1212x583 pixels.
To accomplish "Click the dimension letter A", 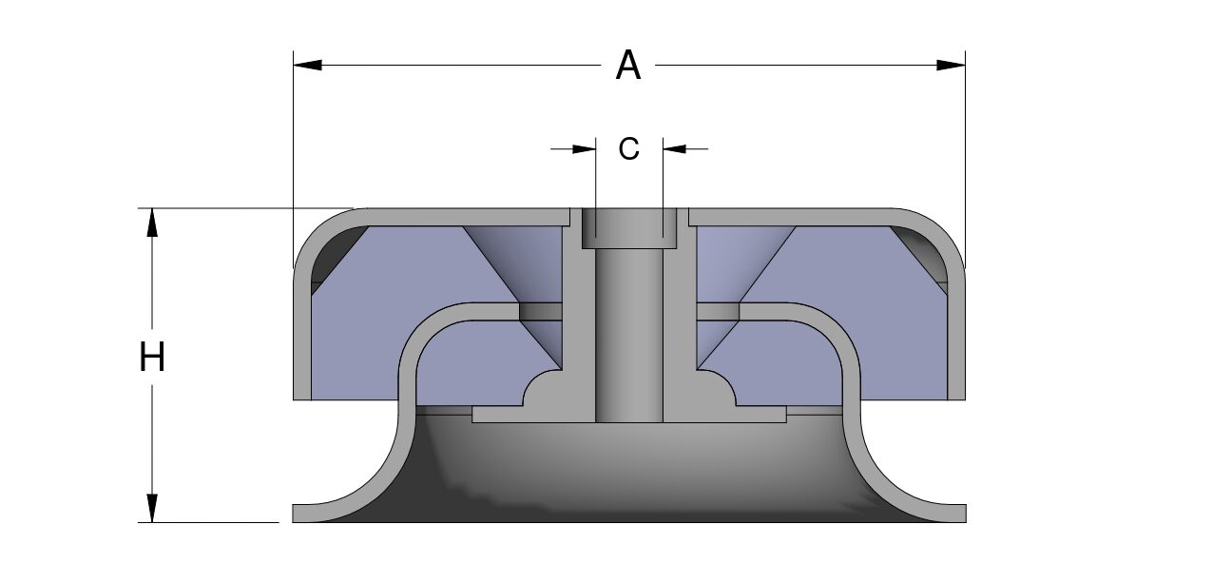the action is click(628, 66).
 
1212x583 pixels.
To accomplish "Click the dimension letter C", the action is click(628, 148).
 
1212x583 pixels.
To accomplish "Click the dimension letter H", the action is click(152, 357).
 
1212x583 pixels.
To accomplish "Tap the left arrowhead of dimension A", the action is click(307, 65).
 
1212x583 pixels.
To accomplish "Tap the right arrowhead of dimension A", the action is click(951, 65).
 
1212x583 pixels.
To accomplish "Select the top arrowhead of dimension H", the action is click(152, 223).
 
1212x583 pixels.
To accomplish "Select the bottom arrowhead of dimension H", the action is click(152, 508).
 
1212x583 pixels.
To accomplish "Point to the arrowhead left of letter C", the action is click(584, 148).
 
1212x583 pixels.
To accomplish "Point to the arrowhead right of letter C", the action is click(675, 148).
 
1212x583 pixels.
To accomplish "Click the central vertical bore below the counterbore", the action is click(629, 336).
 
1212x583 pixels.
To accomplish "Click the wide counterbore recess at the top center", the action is click(629, 228).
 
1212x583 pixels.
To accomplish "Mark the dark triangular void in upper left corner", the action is click(331, 253).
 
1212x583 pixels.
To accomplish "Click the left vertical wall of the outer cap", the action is click(302, 336).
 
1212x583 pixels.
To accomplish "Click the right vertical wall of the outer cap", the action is click(956, 336).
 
